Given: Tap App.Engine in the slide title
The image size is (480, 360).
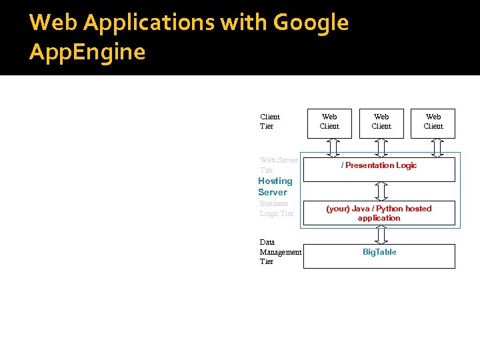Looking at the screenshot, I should click(x=87, y=52).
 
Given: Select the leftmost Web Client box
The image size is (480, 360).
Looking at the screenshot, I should click(x=329, y=122).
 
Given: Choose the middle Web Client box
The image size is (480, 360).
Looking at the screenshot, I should click(x=381, y=122).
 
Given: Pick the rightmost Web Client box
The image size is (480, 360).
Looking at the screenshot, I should click(x=433, y=122).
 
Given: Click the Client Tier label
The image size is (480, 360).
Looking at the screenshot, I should click(x=270, y=121).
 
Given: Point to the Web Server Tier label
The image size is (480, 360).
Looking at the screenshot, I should click(x=279, y=165).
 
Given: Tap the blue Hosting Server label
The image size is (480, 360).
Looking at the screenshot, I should click(x=275, y=187).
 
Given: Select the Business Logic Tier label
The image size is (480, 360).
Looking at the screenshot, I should click(x=276, y=208).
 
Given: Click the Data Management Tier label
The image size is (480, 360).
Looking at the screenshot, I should click(x=280, y=252).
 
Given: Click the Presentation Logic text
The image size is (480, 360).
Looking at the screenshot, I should click(x=379, y=165).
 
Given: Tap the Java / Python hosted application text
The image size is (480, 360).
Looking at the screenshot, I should click(x=379, y=213).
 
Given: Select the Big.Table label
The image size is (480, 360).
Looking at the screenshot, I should click(x=379, y=252).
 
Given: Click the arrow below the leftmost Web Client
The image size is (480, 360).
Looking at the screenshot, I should click(x=333, y=147).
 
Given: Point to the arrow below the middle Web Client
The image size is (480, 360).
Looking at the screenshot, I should click(x=381, y=147).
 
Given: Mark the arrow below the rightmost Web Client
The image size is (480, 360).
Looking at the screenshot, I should click(x=437, y=147).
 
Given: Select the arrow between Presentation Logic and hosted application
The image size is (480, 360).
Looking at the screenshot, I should click(x=381, y=191).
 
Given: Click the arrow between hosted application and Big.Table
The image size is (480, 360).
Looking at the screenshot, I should click(x=381, y=235).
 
